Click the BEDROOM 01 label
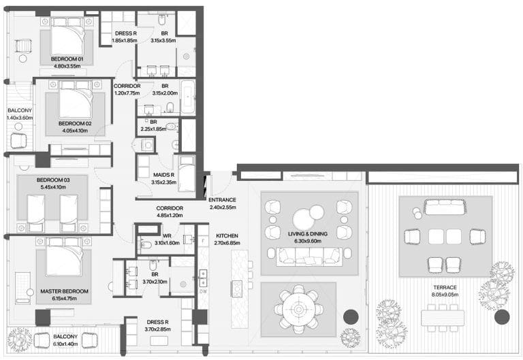67,59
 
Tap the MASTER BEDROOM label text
65,291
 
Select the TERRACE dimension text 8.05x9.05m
445,295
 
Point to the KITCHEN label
227,235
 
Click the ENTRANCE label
222,200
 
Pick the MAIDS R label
163,175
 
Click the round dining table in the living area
298,310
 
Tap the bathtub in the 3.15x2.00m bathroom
188,97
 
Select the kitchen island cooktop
237,289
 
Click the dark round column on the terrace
502,317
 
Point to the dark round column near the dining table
351,317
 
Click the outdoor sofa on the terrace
445,207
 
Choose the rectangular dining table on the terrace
443,318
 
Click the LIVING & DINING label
308,234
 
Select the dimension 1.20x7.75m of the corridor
127,93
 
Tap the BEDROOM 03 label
53,180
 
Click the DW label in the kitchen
203,291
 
